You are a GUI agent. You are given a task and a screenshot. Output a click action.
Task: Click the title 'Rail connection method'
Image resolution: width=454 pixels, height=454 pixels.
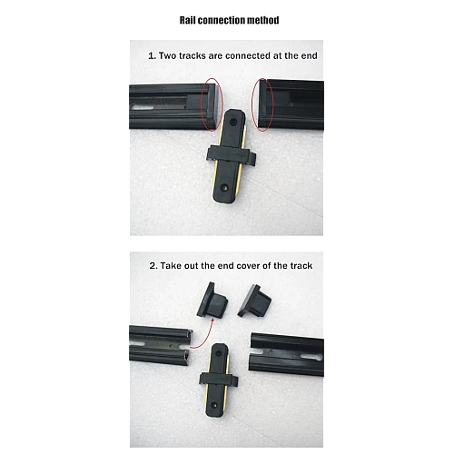click(229, 20)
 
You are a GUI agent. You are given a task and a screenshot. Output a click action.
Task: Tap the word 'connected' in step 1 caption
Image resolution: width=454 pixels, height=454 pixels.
click(248, 55)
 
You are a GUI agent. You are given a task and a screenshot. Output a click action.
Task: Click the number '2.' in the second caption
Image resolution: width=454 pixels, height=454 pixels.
click(153, 266)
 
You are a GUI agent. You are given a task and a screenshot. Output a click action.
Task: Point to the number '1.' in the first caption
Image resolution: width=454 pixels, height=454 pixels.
click(153, 55)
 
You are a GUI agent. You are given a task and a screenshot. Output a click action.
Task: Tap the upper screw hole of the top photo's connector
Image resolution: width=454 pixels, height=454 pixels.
click(233, 123)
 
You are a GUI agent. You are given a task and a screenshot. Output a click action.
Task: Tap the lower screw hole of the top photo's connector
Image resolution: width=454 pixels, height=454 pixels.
click(224, 188)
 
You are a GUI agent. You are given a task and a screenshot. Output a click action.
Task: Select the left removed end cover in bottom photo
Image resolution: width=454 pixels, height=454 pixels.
click(212, 301)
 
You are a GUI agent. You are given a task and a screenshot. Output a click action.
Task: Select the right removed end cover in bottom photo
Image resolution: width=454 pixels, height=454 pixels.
click(254, 301)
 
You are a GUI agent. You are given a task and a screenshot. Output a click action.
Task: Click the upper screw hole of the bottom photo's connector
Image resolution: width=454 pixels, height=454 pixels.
click(219, 352)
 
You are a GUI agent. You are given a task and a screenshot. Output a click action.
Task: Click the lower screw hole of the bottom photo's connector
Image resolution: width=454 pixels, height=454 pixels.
click(214, 405)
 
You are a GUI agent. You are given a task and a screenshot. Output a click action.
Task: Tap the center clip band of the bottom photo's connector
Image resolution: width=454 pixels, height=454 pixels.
click(219, 380)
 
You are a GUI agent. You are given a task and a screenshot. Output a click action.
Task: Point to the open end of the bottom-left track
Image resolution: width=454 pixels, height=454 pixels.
click(190, 348)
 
